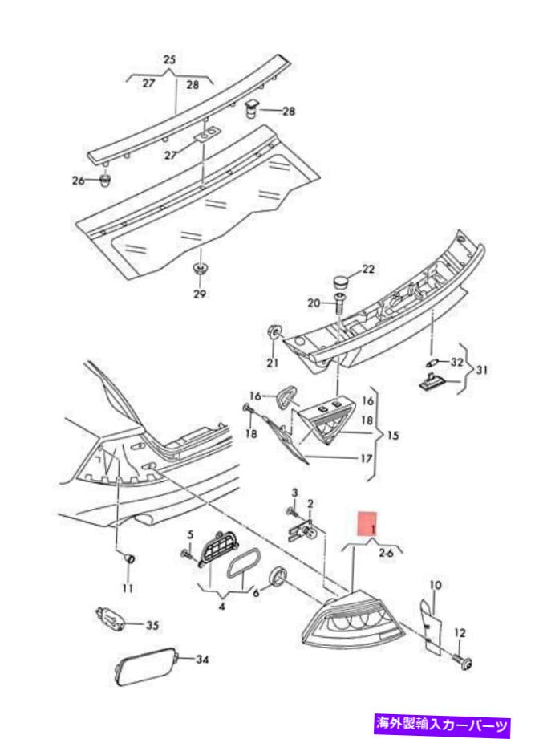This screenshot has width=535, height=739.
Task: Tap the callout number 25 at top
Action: click(x=169, y=60)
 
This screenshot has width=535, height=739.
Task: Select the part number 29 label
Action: click(x=199, y=294)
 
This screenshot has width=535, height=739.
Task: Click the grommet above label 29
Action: click(x=198, y=267)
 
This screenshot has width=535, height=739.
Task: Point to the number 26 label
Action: click(x=78, y=181)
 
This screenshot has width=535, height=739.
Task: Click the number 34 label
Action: click(x=201, y=660)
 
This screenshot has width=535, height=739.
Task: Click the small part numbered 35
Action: click(x=108, y=619)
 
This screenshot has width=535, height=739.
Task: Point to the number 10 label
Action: click(x=436, y=584)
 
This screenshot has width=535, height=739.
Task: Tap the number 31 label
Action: click(x=480, y=370)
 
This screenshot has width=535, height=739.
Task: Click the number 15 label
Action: click(x=392, y=436)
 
